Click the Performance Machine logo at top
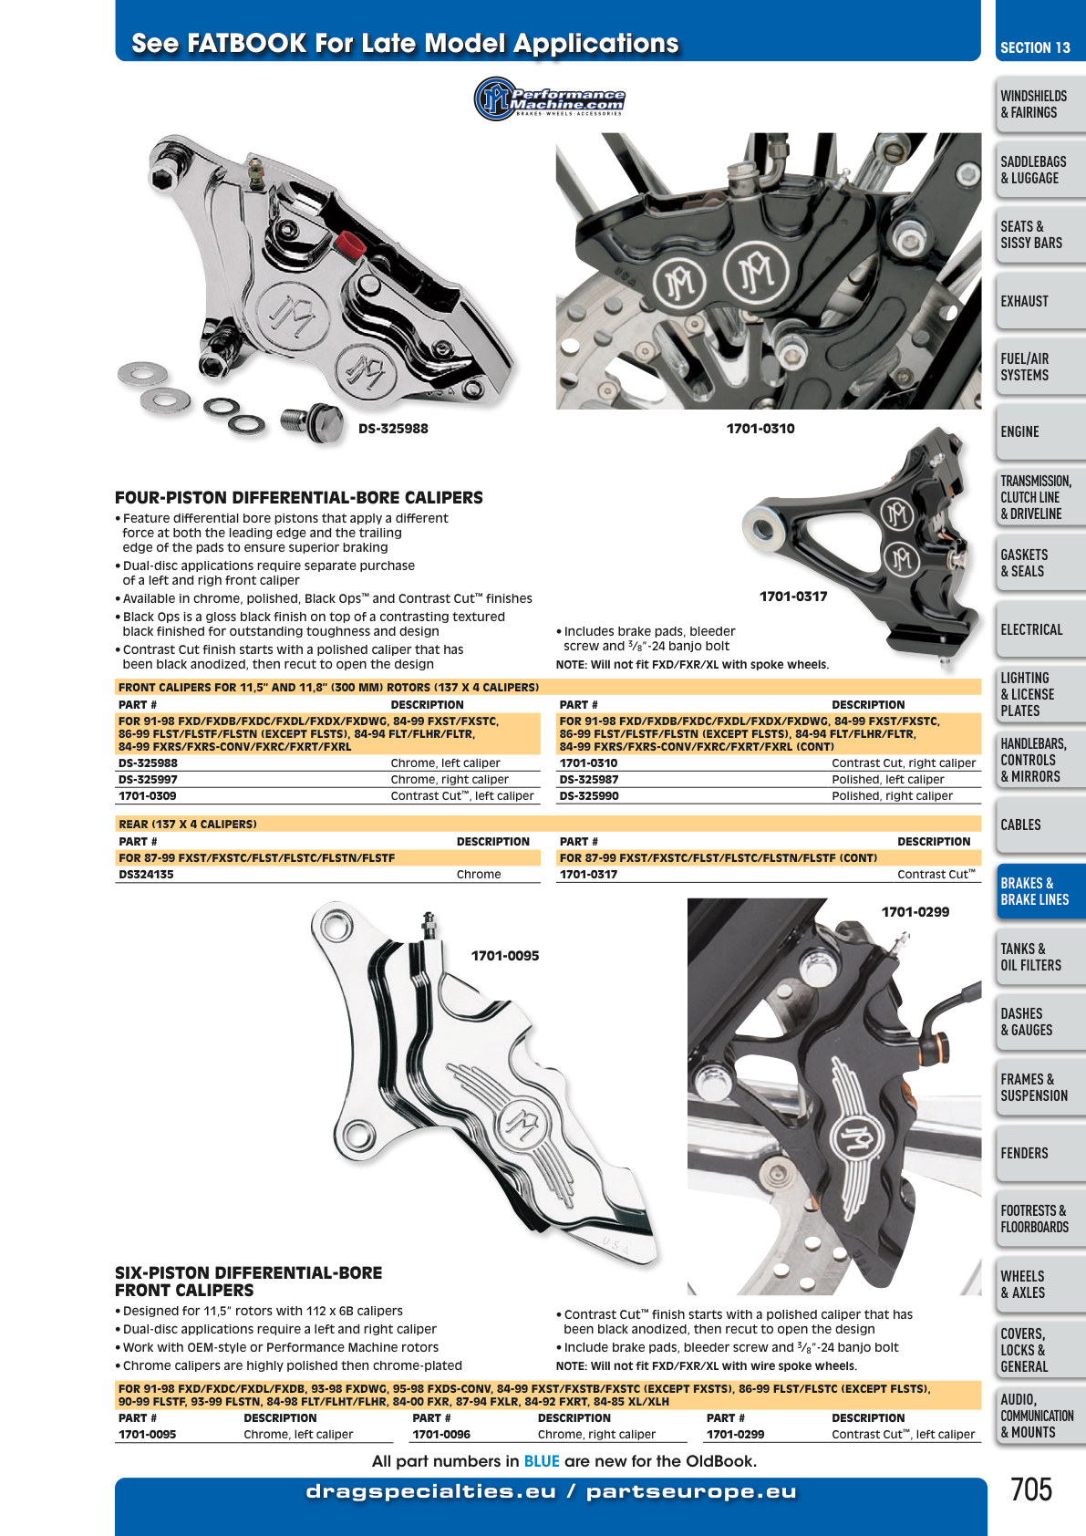[x=549, y=99]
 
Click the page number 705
[x=1031, y=1489]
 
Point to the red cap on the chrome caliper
[x=349, y=242]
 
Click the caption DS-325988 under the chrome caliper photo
[x=393, y=429]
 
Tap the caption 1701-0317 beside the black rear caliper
[x=793, y=597]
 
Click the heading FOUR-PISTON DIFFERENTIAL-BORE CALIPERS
[x=299, y=498]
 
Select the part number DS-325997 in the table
[x=148, y=780]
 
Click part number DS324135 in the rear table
[x=146, y=875]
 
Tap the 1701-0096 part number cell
[x=440, y=1434]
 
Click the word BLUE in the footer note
[x=542, y=1461]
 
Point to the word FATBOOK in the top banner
[x=247, y=43]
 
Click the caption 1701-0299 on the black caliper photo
[x=915, y=912]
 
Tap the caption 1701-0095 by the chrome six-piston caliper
[x=504, y=956]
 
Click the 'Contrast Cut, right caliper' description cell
[x=904, y=763]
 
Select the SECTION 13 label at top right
[x=1035, y=48]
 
